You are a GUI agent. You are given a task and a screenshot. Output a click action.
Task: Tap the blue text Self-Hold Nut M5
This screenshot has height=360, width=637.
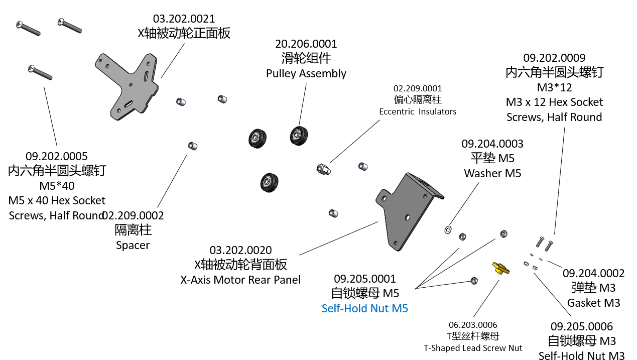coord(364,308)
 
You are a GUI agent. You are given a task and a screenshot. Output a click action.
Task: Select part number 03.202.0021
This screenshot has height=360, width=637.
coord(184,19)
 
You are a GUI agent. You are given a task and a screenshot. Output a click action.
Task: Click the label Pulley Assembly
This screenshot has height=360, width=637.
coord(306,73)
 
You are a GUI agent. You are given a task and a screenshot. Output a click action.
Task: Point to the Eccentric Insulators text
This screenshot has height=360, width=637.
coord(418,111)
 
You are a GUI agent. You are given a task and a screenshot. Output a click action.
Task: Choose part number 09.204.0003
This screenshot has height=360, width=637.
coord(492,144)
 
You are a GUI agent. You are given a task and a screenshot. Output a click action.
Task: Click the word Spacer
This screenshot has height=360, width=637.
coord(133,245)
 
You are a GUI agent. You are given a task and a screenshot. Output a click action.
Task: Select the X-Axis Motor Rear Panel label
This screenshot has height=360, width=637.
coord(240,280)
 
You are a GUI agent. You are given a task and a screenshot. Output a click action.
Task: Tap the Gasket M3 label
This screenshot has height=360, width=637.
coord(593,303)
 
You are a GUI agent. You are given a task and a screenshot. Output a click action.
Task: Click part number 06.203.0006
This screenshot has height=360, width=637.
coord(473,325)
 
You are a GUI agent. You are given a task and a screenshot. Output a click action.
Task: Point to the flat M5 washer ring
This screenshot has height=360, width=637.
coord(447,229)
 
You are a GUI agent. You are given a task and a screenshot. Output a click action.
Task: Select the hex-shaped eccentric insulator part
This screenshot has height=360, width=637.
coord(323,168)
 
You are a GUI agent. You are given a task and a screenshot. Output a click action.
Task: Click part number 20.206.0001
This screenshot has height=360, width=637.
coord(306,44)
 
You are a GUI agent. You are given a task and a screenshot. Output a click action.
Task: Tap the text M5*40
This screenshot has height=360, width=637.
coord(57,186)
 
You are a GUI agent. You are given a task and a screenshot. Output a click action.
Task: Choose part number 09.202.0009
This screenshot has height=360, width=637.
coord(554,58)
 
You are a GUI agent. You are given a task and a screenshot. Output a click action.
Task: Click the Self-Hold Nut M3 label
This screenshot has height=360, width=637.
coord(581,356)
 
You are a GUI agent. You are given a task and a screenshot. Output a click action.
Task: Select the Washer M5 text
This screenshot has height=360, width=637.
coord(492,174)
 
